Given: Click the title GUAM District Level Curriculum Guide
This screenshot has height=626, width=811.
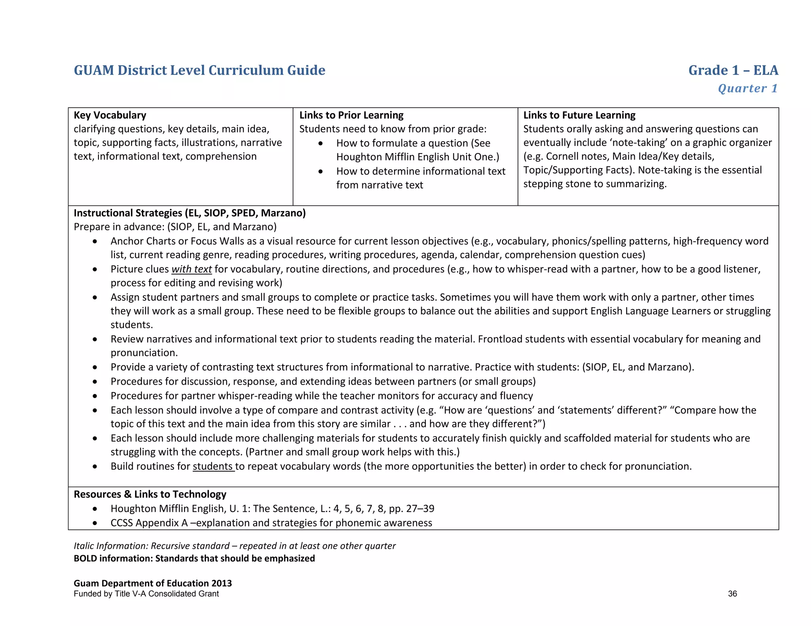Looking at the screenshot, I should [199, 70].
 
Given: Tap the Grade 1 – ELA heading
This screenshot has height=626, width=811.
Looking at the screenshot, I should [733, 70].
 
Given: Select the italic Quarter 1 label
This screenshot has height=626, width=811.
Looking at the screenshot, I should [748, 88].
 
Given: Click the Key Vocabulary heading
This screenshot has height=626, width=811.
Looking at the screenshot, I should [110, 115].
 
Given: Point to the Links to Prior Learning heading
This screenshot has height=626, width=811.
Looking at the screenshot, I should [351, 115].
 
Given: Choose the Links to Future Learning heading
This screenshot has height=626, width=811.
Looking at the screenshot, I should [579, 115].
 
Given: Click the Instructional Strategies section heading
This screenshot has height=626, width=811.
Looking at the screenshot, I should [190, 213].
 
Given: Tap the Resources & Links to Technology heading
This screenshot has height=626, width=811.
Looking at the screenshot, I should [150, 494].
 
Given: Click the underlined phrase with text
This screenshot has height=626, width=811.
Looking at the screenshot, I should [192, 269].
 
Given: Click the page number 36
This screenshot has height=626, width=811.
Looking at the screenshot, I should [732, 594].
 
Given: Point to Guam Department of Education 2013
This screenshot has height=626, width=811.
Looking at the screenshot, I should [152, 583].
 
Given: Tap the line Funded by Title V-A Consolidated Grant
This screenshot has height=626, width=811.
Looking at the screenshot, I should [146, 594].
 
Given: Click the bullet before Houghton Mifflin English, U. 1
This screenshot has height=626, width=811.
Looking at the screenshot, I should [95, 509].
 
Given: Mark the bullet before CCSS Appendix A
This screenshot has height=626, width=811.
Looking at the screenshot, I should [95, 523].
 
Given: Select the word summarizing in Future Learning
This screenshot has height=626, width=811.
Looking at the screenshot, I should [636, 184].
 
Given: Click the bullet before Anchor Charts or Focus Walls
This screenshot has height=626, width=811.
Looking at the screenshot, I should [95, 241].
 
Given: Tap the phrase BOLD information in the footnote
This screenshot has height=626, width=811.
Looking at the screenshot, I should [112, 558].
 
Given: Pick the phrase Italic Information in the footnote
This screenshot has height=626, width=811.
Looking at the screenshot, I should [110, 546].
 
